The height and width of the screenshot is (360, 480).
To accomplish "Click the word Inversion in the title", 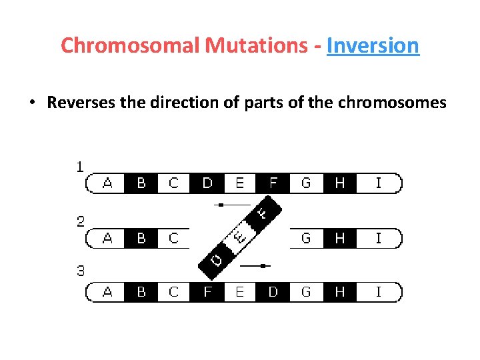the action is click(373, 45).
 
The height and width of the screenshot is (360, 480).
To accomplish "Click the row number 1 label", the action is click(80, 167).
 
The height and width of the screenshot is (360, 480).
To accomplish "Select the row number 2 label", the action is click(80, 221).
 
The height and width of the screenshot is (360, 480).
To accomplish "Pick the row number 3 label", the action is click(80, 271).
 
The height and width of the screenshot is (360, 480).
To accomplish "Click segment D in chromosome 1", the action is click(207, 183).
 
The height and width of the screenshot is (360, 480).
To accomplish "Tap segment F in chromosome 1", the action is click(273, 183).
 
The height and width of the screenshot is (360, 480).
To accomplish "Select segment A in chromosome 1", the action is click(108, 183).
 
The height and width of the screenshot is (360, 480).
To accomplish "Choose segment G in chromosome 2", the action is click(306, 238).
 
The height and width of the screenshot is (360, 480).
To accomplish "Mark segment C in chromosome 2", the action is click(174, 238).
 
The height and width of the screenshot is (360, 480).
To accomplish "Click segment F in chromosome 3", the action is click(207, 292).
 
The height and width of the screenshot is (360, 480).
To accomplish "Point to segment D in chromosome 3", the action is click(273, 292).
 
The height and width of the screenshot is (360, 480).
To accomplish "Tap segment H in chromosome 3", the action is click(339, 292).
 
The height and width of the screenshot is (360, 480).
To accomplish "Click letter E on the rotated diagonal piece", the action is click(238, 236).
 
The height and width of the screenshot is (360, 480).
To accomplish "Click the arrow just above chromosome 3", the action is click(254, 265).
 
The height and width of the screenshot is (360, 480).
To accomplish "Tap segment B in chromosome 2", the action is click(141, 238).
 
